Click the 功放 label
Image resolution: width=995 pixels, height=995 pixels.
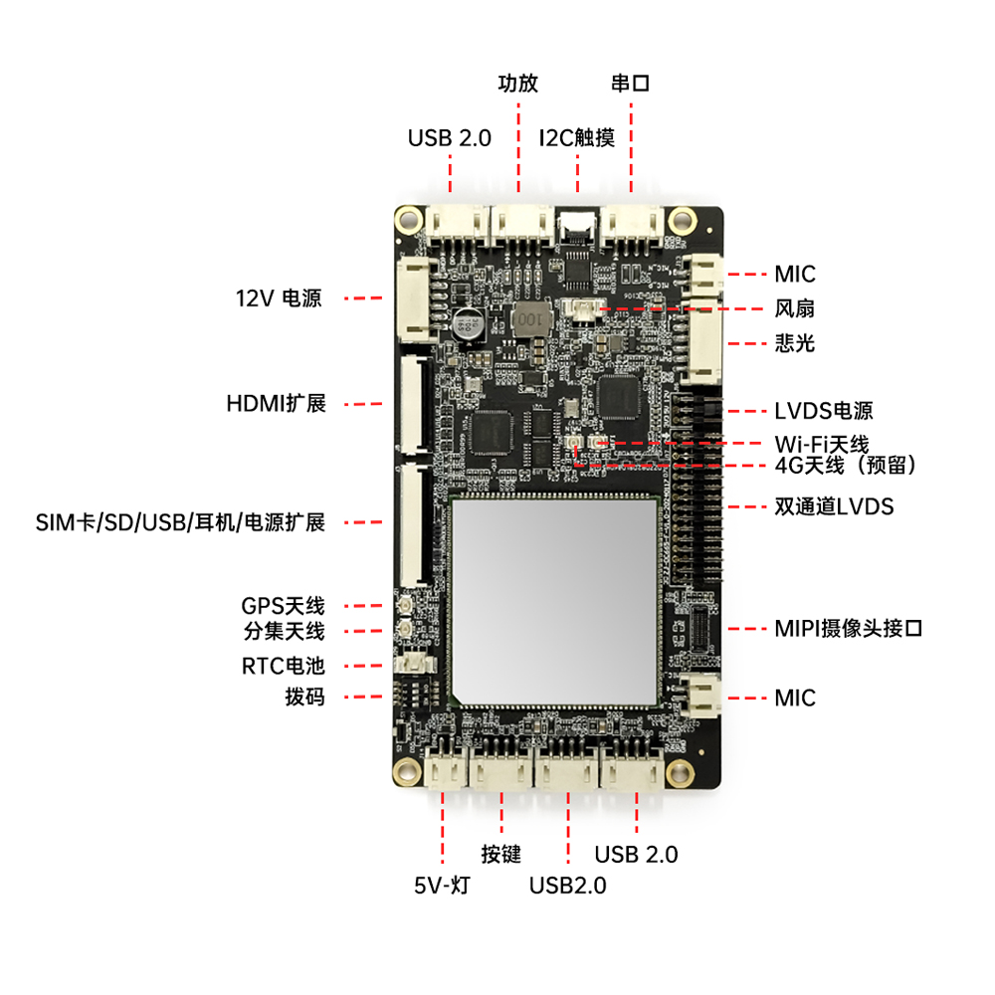(x=517, y=84)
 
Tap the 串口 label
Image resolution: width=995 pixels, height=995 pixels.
(x=630, y=84)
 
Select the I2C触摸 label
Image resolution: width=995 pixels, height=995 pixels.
(x=577, y=137)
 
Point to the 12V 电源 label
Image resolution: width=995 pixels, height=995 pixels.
(x=279, y=298)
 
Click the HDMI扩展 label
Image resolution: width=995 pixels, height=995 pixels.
(x=276, y=404)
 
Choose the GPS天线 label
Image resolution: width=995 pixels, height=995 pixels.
(x=283, y=606)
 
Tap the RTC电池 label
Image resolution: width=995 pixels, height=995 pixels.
(x=283, y=666)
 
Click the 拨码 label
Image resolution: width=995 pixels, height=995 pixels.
(x=304, y=696)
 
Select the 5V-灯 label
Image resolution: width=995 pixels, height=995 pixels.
(x=443, y=886)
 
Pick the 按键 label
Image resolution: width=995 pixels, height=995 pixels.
(x=500, y=854)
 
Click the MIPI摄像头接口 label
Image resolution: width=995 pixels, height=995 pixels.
(x=849, y=628)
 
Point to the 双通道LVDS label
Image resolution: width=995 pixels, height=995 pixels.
(x=834, y=506)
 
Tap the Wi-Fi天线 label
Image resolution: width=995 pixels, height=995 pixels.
(x=822, y=444)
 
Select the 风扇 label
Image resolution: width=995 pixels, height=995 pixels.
(x=794, y=308)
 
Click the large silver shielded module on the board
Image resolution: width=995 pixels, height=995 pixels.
(x=555, y=601)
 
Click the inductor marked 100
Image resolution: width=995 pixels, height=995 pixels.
(x=530, y=319)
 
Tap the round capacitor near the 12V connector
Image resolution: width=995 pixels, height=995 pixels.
(x=469, y=324)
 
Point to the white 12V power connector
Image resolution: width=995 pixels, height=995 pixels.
(x=416, y=298)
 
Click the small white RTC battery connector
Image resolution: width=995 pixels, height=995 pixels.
(x=414, y=664)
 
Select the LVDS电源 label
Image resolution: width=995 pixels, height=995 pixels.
(x=824, y=411)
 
